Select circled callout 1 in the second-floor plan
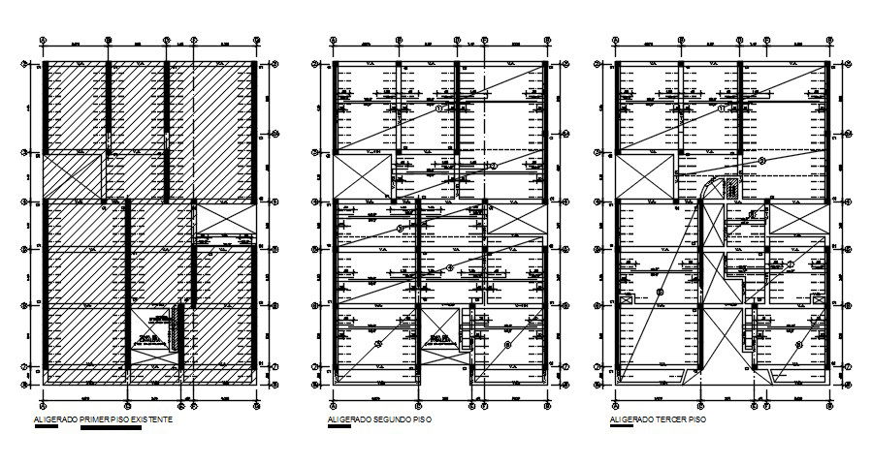pos(437,109)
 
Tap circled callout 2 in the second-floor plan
pos(493,166)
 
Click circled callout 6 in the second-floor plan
pos(507,344)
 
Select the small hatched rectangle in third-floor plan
pos(734,182)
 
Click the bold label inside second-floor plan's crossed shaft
pos(442,338)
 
